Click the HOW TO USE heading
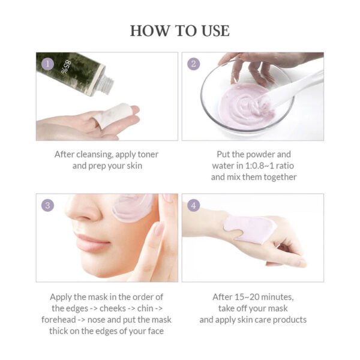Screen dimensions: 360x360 click(179, 30)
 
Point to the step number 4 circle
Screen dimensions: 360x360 click(193, 205)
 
